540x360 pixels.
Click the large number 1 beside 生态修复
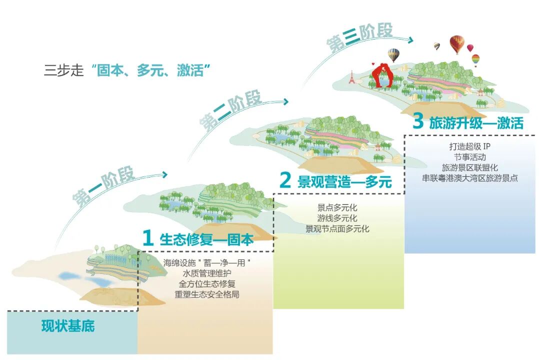click(147, 238)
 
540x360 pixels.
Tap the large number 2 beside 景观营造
click(285, 181)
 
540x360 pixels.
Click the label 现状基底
click(68, 327)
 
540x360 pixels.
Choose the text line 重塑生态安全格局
click(206, 294)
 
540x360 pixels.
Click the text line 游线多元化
click(337, 218)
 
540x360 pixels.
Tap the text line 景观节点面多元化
click(337, 229)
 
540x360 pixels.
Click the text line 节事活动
click(469, 157)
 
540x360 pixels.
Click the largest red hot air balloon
click(456, 43)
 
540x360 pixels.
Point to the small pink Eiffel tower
click(351, 76)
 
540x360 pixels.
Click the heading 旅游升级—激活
click(475, 123)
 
